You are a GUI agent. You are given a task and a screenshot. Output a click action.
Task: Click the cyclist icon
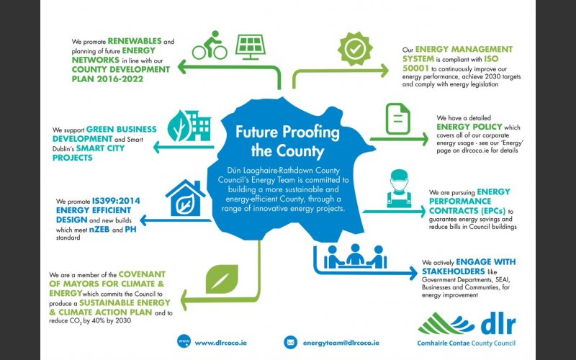pos(210,45)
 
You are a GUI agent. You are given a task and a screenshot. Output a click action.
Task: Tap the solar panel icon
pos(250,47)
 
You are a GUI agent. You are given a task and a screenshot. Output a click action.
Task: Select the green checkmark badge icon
pos(355,49)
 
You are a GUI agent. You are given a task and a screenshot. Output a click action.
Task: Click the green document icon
pos(398,119)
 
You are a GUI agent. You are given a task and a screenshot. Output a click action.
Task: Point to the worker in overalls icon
pos(400,189)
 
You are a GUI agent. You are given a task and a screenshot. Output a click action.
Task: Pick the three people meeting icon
pos(355,256)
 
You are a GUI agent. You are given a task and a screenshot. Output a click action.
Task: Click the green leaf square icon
pos(222,279)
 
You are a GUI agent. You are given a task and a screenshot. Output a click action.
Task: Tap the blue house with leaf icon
pos(185,198)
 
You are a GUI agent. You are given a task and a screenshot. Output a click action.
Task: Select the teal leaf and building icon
pos(189,125)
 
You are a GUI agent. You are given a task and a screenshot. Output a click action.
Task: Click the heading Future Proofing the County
pos(287,141)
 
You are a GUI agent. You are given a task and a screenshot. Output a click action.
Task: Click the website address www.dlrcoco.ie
pos(221,343)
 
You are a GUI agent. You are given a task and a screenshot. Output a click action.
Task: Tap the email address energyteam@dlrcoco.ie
pos(341,343)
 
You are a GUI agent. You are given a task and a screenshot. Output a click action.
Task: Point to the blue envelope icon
pos(291,343)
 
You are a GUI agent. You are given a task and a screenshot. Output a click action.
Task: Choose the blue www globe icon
pos(184,341)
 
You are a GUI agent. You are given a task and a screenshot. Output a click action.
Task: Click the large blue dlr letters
pos(498,323)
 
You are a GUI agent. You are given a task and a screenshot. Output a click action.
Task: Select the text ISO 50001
pos(451,63)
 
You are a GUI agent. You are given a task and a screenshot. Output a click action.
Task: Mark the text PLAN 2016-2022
pos(107,79)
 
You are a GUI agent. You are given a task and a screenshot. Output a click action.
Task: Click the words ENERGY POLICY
pos(469,127)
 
